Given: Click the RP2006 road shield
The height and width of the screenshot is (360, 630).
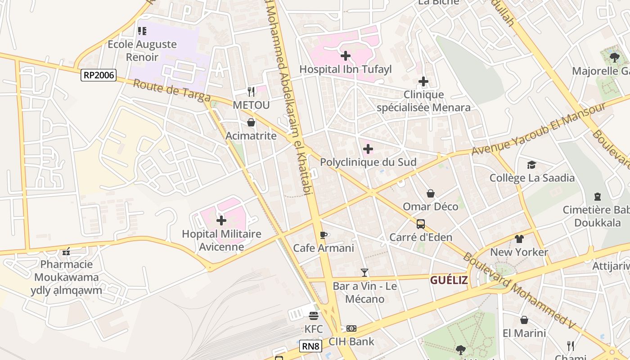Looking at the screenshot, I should point(99,75).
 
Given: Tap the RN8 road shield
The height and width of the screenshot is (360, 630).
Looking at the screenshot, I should point(310,346).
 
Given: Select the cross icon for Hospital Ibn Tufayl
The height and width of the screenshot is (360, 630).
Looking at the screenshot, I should point(346,56).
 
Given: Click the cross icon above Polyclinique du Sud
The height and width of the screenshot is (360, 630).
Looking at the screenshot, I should point(368,148).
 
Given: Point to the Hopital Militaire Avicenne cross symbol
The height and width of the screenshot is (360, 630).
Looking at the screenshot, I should point(221,220).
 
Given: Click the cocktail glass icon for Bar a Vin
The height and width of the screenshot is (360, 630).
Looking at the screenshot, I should point(364,272).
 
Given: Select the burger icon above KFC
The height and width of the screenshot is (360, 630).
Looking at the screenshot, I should point(314,315).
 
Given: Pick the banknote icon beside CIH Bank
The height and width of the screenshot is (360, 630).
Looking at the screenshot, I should point(351,328).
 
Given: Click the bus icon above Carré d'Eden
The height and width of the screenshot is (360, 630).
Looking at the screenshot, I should point(421,224).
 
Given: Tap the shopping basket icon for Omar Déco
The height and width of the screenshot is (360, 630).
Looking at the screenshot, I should point(431,193).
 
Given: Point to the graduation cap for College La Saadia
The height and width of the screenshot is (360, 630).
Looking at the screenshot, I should point(532,165).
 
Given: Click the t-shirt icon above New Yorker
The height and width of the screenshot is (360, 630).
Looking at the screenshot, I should point(519,238).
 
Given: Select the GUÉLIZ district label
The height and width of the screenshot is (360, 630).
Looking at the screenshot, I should point(449,280).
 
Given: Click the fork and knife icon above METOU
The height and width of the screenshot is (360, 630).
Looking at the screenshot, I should point(251,92).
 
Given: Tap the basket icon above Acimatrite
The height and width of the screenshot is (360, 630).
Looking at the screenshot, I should point(251,122).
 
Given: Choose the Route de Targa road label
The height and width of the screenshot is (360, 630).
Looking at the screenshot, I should point(172,90).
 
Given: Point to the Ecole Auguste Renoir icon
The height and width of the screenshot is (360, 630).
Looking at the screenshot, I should point(142,31).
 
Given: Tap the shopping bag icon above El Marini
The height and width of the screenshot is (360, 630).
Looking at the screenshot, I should point(524,320).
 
